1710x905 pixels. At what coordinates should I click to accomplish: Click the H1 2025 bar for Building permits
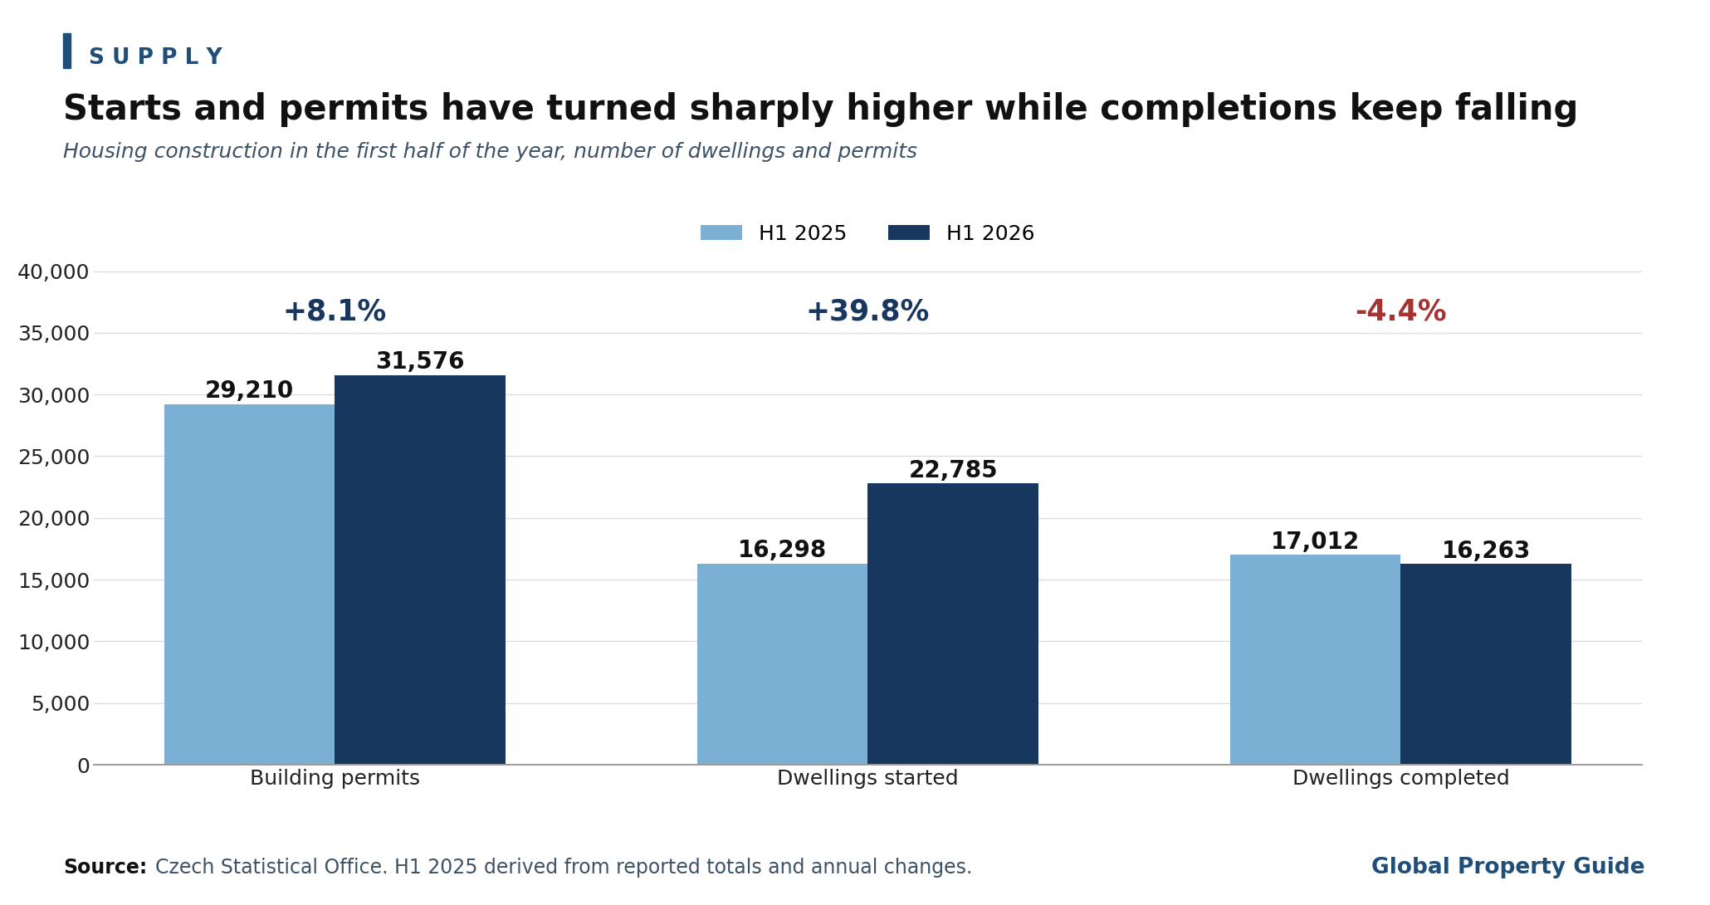249,585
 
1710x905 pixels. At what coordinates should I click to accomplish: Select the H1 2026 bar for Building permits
420,570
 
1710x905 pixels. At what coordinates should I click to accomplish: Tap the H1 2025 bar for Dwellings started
782,664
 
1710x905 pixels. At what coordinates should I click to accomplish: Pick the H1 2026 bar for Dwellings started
953,624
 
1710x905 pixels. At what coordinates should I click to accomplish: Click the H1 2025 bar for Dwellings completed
1315,660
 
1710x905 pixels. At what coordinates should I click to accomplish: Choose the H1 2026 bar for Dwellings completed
1486,664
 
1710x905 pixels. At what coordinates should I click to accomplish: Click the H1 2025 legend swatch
721,233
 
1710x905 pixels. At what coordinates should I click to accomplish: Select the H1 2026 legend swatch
909,233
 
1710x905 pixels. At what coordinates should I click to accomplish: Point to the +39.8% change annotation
867,312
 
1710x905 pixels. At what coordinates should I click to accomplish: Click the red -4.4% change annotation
1400,312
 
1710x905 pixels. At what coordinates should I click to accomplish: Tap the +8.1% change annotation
335,312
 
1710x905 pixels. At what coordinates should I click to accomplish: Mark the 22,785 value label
953,470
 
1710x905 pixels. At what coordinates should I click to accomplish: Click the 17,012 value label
1315,541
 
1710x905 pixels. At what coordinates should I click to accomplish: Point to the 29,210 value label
249,390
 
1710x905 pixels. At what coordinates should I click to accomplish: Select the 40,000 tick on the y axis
53,272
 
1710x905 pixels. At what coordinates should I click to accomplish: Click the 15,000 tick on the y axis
53,580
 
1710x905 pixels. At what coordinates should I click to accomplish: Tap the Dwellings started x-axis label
867,779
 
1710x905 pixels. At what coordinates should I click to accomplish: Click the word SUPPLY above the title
156,57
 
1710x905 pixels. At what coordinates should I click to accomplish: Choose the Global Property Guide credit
1507,867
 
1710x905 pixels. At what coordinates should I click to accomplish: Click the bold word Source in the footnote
105,868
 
